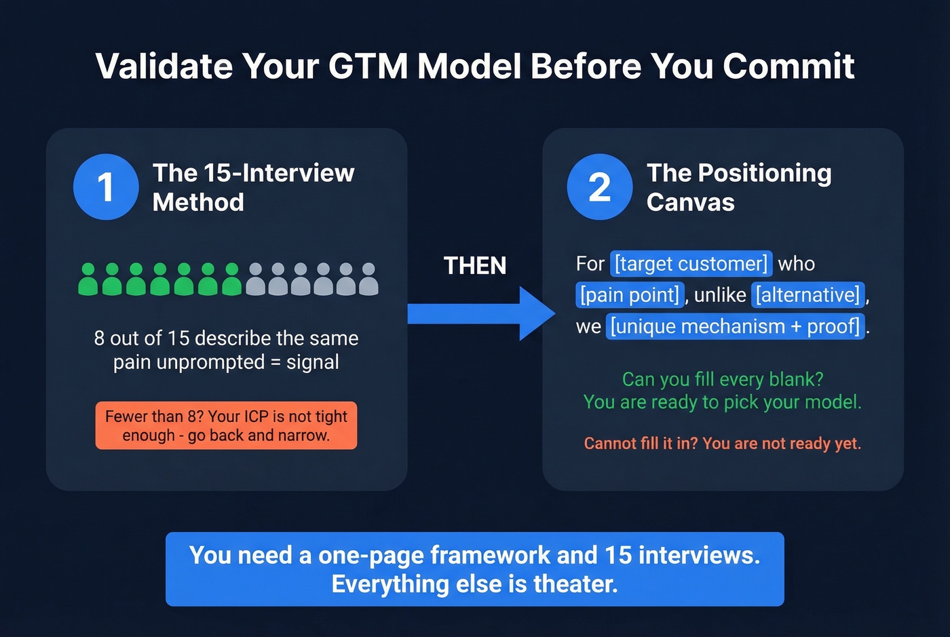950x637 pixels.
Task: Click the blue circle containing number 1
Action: (106, 187)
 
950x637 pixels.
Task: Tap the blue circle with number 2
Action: (600, 187)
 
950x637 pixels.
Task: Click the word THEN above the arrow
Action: (475, 265)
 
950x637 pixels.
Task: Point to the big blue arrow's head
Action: (536, 313)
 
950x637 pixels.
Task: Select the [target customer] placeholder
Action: (691, 263)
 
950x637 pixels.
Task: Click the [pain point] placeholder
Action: (630, 294)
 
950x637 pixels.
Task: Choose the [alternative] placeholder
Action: (807, 294)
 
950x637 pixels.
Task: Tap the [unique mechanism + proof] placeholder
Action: (735, 326)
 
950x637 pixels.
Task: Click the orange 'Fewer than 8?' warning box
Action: (226, 425)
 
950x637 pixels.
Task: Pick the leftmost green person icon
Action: (88, 279)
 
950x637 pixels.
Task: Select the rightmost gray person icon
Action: (368, 279)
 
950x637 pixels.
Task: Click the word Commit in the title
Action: (788, 66)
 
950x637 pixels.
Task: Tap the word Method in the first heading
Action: (198, 202)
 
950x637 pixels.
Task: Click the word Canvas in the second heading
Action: (690, 202)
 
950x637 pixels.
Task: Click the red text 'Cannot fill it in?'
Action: (641, 444)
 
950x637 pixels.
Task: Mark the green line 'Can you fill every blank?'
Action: (722, 379)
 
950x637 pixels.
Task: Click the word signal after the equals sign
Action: (313, 362)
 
